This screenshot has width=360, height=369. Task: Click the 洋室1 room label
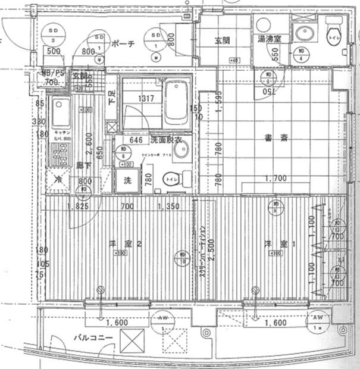coord(276,243)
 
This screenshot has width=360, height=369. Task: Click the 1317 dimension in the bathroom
coord(141,99)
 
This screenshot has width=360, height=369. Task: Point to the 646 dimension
coord(136,140)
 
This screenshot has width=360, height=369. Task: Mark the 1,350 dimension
coord(168,207)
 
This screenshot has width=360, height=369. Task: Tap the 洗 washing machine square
coord(126,180)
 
